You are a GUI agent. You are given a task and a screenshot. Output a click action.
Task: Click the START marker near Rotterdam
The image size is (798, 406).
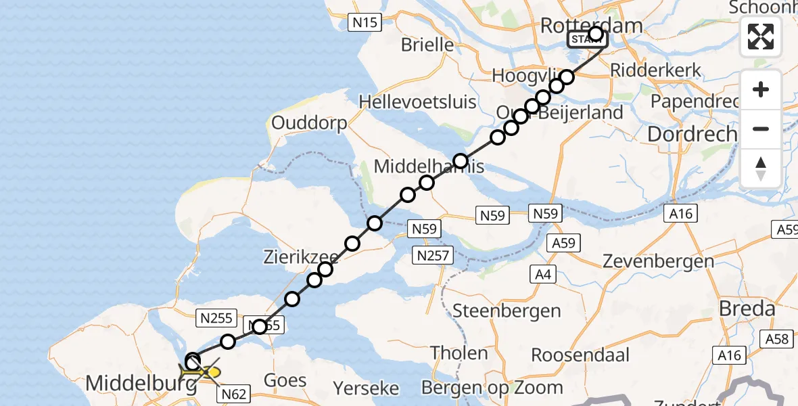586,40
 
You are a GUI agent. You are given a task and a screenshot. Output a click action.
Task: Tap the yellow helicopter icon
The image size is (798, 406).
200,371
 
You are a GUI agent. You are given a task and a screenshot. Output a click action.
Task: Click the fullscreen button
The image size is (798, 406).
761,37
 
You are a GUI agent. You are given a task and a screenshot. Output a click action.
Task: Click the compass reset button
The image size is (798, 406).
761,168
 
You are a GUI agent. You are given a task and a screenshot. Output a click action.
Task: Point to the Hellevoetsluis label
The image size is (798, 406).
418,102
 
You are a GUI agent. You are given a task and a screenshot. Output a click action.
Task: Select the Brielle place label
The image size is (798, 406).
427,45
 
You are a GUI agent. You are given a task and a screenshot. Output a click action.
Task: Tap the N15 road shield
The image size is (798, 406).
365,23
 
